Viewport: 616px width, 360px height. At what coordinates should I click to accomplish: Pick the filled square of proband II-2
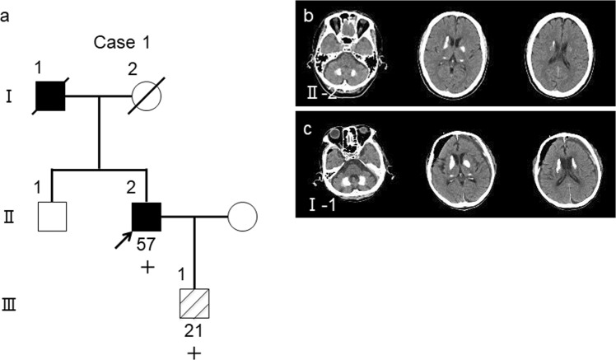point(146,217)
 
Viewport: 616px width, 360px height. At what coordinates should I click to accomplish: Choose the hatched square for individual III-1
point(194,305)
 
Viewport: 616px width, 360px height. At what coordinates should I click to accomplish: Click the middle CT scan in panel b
point(455,55)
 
